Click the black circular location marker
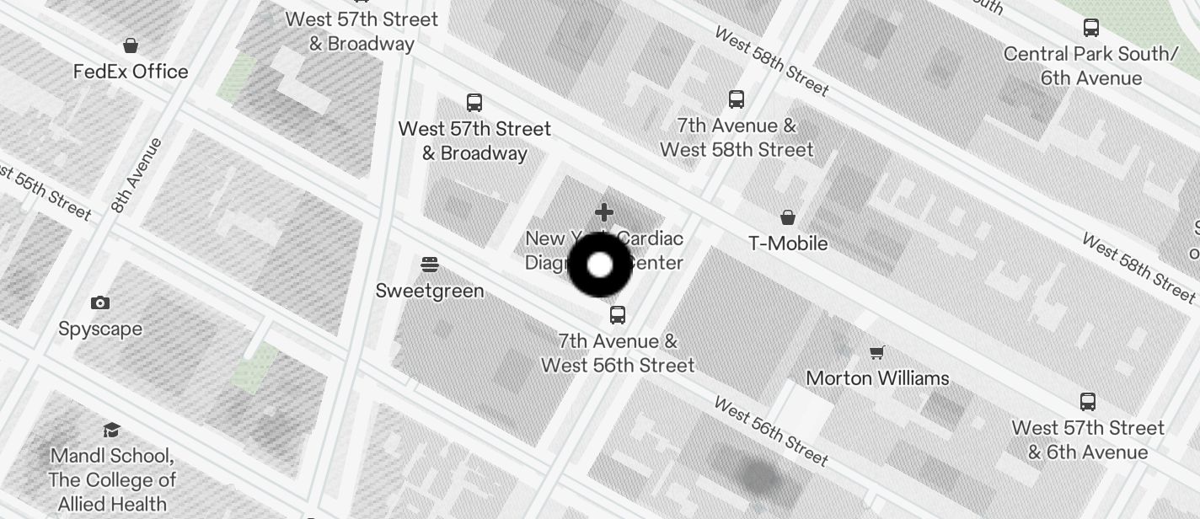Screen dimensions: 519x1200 pyautogui.click(x=599, y=265)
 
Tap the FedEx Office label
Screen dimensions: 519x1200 pyautogui.click(x=131, y=72)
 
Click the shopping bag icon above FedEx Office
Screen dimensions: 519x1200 pyautogui.click(x=131, y=45)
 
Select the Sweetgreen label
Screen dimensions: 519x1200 pyautogui.click(x=430, y=291)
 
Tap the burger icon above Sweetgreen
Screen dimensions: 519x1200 pyautogui.click(x=430, y=265)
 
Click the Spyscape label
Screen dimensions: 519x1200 pyautogui.click(x=100, y=329)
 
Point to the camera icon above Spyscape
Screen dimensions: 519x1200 pyautogui.click(x=100, y=302)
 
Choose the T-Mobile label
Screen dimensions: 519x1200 pyautogui.click(x=788, y=243)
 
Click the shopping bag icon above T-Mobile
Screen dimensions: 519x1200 pyautogui.click(x=788, y=218)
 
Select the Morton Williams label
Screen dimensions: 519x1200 pyautogui.click(x=877, y=378)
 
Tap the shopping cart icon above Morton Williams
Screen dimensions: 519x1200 pyautogui.click(x=877, y=352)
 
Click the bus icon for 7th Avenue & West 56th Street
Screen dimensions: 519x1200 pyautogui.click(x=618, y=315)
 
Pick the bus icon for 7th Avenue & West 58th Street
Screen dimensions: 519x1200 pyautogui.click(x=737, y=99)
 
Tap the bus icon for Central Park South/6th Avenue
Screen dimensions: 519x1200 pyautogui.click(x=1091, y=28)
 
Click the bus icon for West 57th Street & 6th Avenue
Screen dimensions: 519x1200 pyautogui.click(x=1088, y=402)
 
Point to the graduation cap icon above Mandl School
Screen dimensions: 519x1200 pyautogui.click(x=111, y=431)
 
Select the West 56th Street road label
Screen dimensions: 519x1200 pyautogui.click(x=771, y=431)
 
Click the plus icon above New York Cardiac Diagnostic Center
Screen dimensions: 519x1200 pyautogui.click(x=603, y=212)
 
